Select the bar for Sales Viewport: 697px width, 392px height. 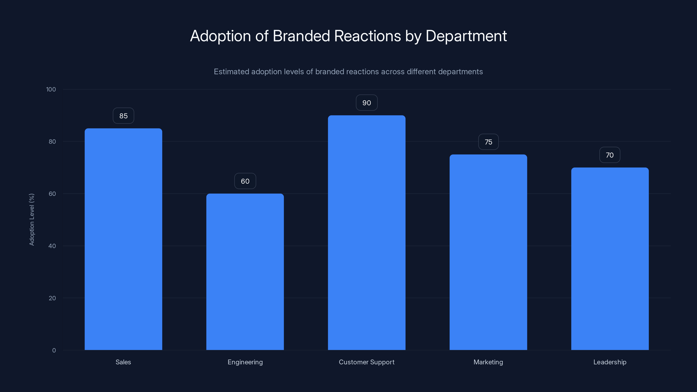(x=123, y=239)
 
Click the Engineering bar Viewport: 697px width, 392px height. (x=245, y=272)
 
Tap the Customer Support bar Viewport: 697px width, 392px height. (x=367, y=233)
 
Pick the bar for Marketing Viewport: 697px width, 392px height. (x=488, y=252)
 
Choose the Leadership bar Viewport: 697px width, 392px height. (x=610, y=259)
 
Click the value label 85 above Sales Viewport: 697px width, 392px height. (x=123, y=116)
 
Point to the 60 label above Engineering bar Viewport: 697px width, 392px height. (x=245, y=181)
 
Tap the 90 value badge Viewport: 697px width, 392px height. (x=367, y=103)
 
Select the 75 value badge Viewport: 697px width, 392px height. (x=488, y=142)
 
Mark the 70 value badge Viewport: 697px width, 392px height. (x=610, y=155)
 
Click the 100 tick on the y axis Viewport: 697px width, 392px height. (x=51, y=90)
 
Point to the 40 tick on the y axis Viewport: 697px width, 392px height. (x=52, y=246)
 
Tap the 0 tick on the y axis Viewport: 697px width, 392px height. (x=54, y=351)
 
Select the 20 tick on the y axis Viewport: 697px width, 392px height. (x=52, y=298)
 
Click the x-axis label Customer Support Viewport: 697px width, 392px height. (x=367, y=362)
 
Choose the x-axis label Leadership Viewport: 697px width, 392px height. (x=610, y=362)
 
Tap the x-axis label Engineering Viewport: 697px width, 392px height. (x=245, y=362)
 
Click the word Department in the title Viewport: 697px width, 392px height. (x=466, y=36)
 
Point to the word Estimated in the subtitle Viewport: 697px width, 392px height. (x=231, y=72)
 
